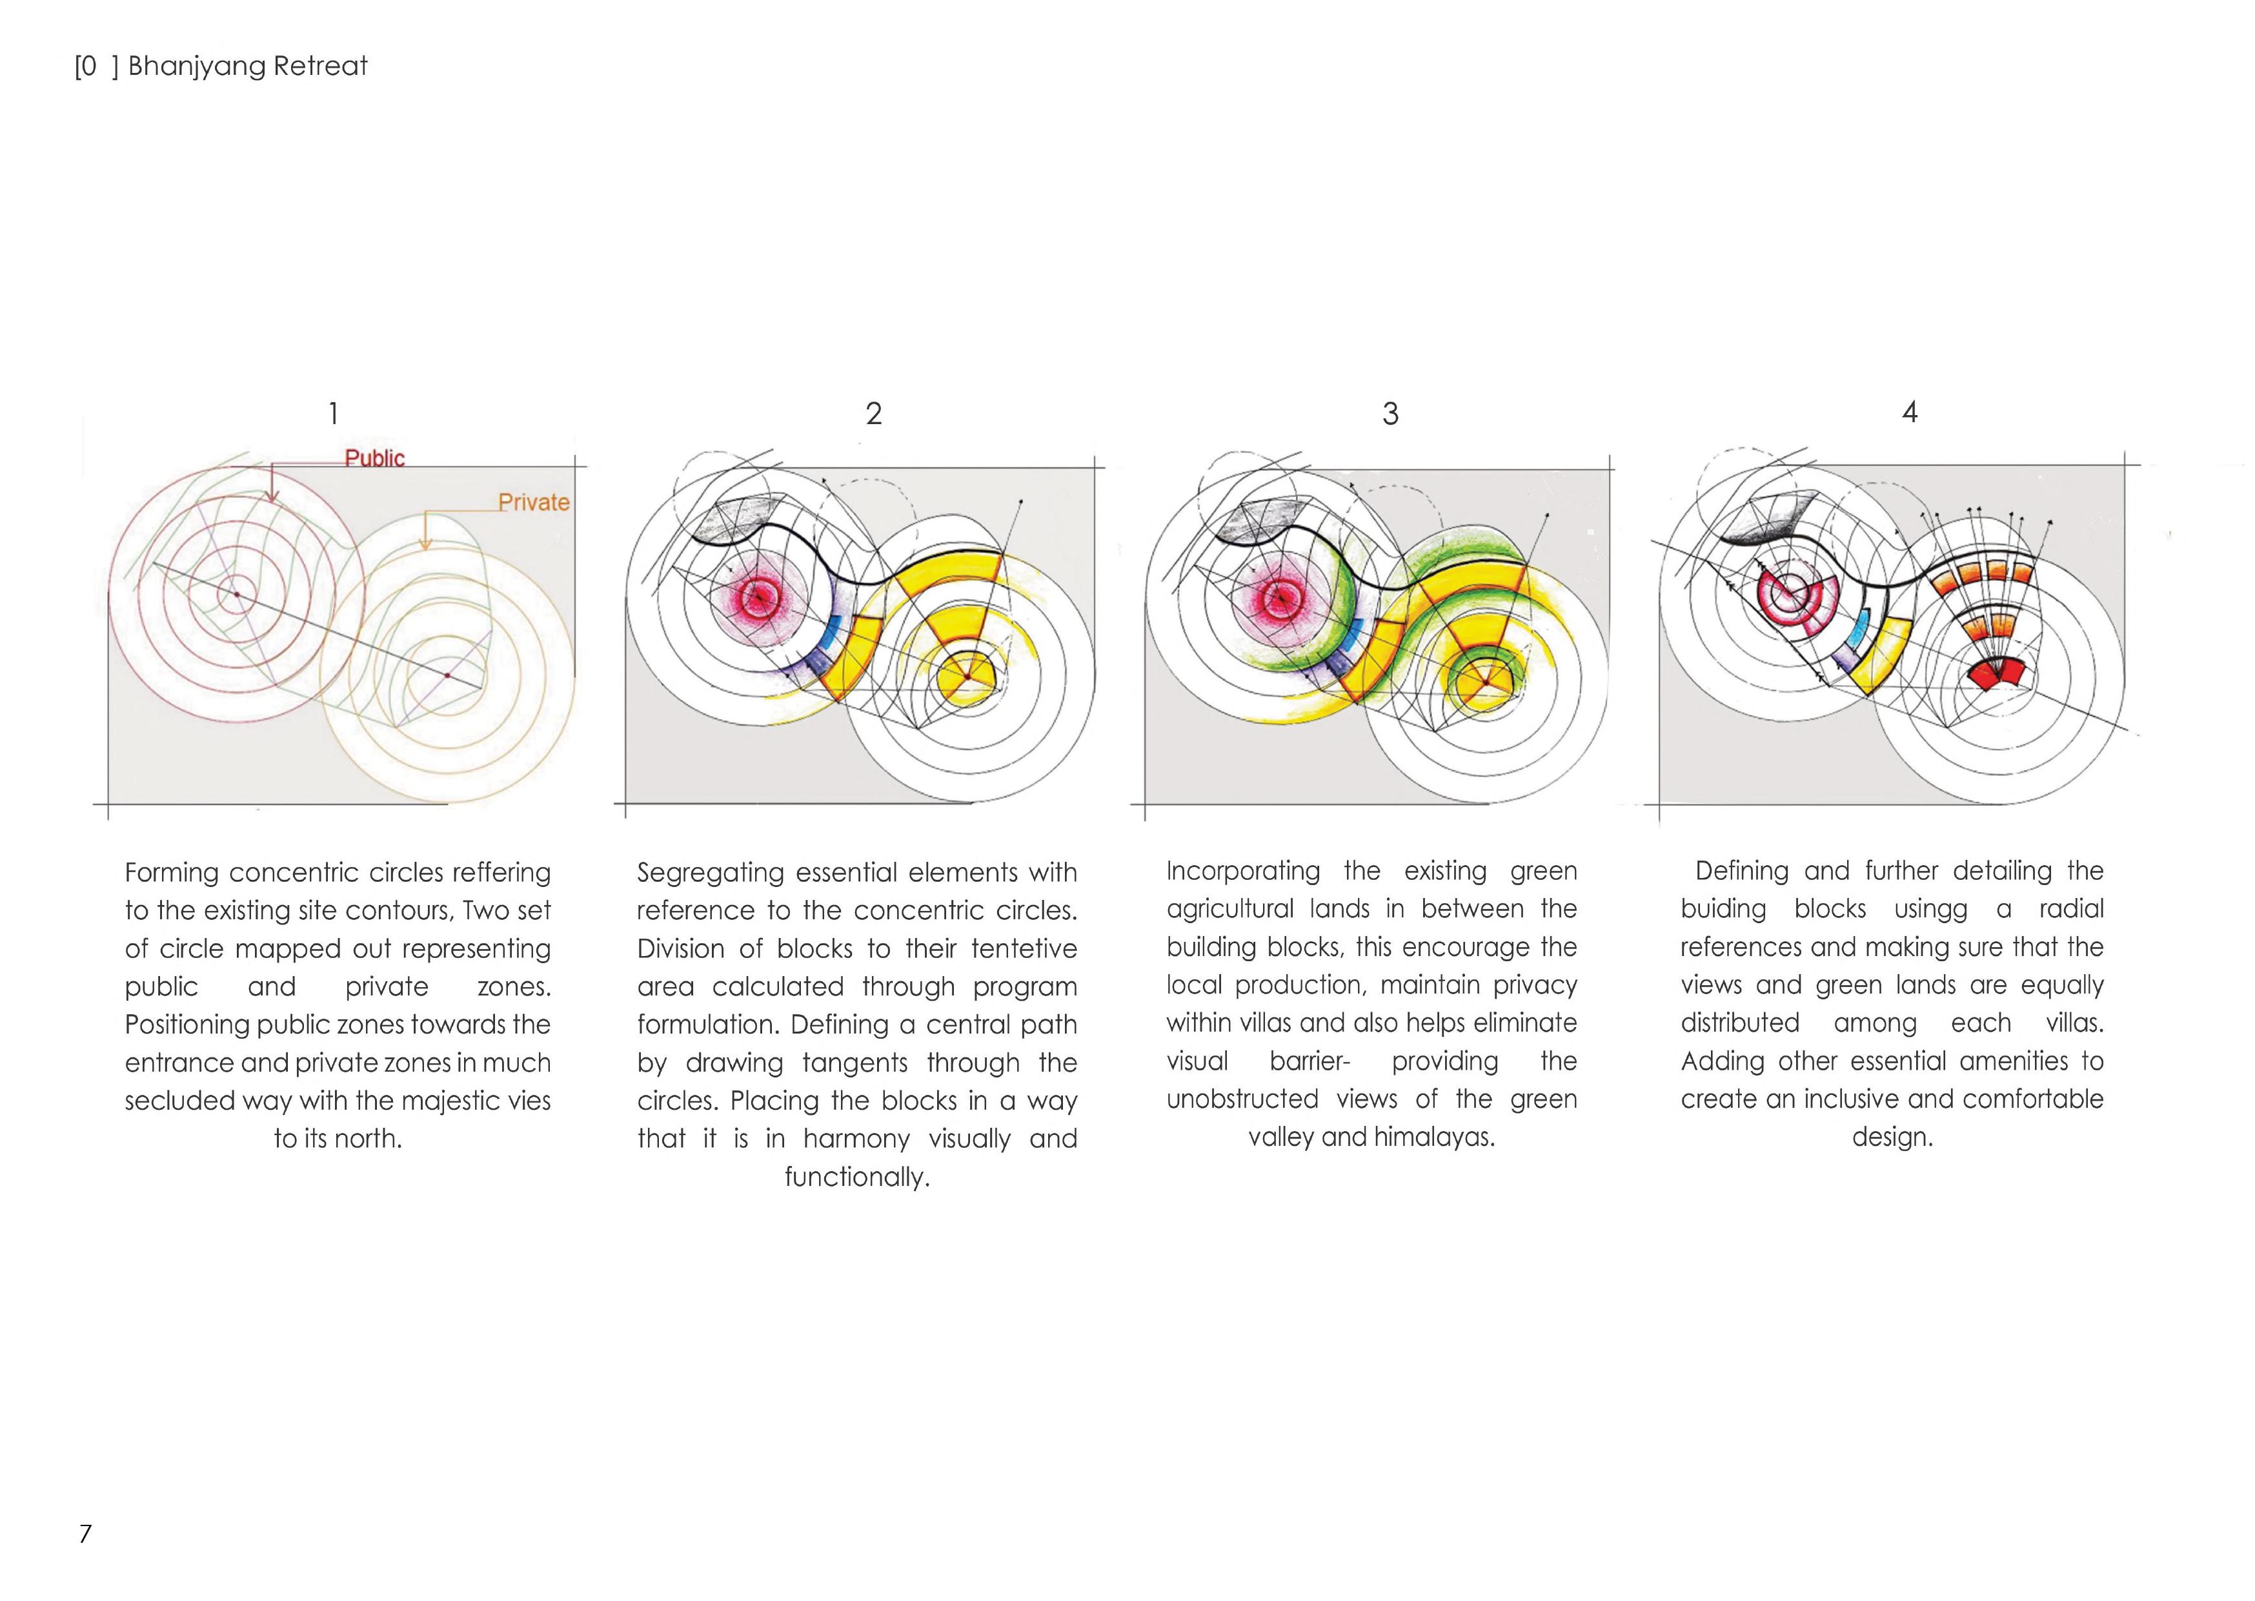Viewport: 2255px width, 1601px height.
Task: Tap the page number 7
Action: tap(86, 1533)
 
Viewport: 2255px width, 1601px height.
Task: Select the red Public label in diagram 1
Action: tap(374, 458)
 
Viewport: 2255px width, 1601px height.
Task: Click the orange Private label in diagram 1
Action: tap(533, 503)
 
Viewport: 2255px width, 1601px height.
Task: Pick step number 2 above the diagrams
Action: tap(873, 414)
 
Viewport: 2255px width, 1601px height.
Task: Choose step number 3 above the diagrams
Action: tap(1390, 414)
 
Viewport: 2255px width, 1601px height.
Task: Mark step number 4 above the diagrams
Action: tap(1909, 412)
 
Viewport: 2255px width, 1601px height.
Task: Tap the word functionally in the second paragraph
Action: tap(856, 1177)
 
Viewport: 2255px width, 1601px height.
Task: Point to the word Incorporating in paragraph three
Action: tap(1243, 872)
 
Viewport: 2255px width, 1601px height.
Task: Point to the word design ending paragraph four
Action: tap(1892, 1137)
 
